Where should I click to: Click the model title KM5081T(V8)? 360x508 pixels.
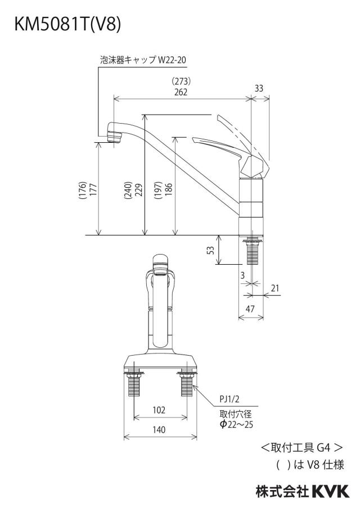[67, 24]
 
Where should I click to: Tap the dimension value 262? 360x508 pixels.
[181, 92]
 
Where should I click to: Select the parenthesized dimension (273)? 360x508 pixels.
[181, 81]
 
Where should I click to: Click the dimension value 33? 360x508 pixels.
[259, 88]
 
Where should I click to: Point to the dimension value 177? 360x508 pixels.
[93, 190]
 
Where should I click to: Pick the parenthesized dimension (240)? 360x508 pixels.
[128, 190]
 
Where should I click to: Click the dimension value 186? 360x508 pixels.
[169, 190]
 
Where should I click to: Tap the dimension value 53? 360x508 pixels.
[211, 250]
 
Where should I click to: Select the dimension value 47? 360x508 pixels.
[250, 309]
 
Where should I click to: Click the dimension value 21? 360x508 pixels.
[275, 288]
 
